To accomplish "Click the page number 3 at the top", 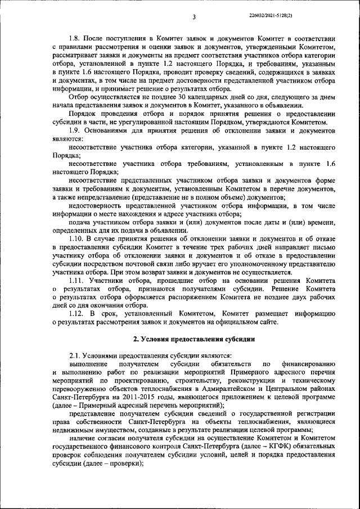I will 193,17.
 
